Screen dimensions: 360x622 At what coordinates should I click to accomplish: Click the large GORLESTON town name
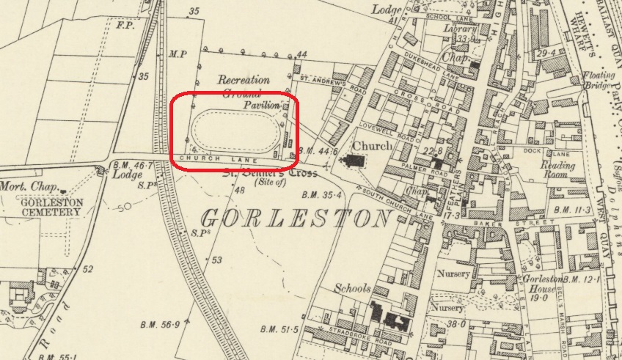coord(295,218)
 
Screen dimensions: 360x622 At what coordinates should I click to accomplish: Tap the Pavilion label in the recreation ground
coord(262,106)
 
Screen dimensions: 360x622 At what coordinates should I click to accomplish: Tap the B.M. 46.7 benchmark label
coord(135,167)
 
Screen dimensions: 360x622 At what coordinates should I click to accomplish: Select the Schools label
coord(354,288)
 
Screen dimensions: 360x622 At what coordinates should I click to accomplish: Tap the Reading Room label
coord(558,172)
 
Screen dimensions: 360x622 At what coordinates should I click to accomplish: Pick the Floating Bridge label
coord(597,79)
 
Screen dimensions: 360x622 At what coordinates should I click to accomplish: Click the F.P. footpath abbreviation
coord(124,24)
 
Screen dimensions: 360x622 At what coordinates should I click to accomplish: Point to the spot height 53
coord(216,260)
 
